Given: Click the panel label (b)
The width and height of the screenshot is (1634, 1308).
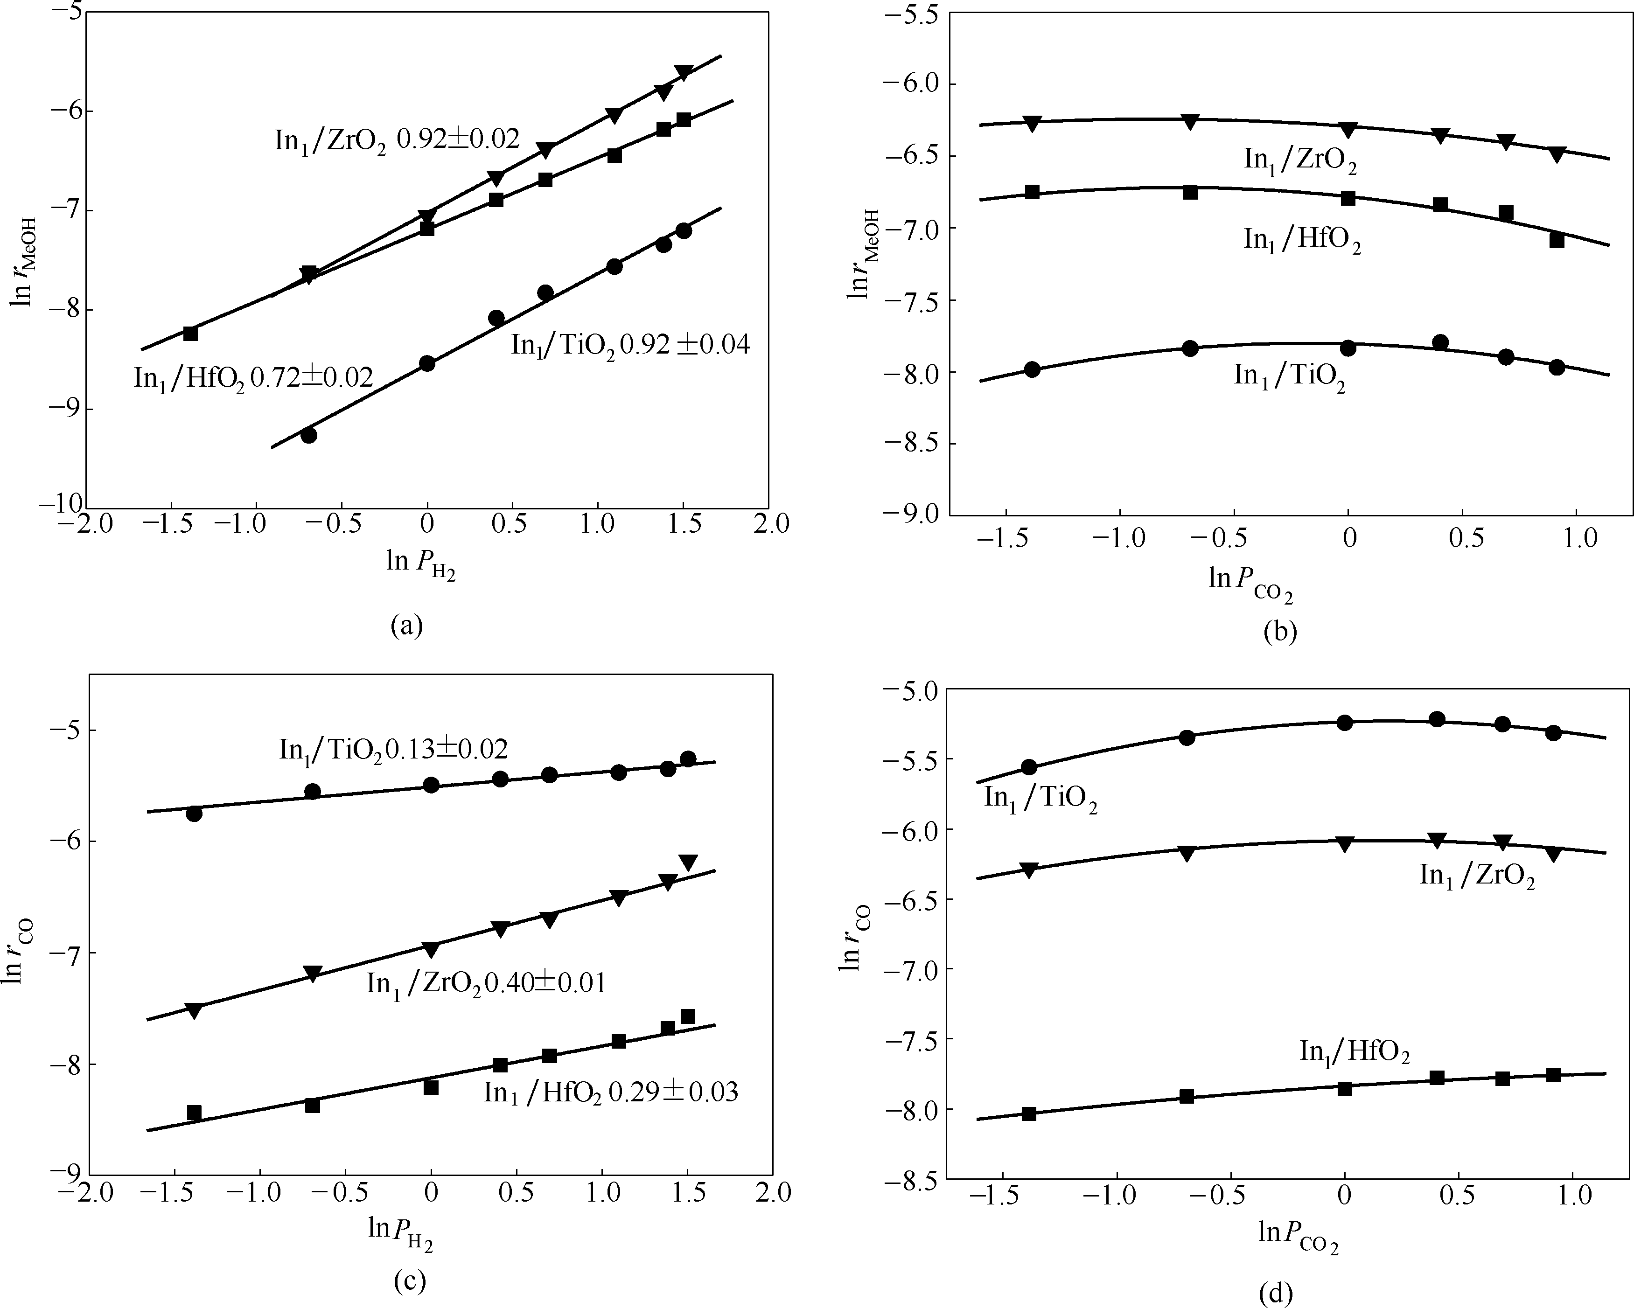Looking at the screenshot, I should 1280,631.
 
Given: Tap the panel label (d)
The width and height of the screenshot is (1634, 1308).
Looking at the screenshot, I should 1276,1293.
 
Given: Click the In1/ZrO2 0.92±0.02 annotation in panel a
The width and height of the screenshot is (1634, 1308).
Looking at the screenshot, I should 397,139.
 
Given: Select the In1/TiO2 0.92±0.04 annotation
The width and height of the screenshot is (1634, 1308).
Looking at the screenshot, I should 630,346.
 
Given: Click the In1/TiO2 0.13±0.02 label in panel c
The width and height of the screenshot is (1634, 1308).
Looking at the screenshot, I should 393,750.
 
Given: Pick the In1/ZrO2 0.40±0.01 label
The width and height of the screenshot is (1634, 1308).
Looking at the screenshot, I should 486,984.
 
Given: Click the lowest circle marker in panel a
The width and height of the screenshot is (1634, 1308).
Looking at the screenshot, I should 308,435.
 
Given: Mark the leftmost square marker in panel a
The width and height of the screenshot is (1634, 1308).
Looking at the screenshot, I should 190,334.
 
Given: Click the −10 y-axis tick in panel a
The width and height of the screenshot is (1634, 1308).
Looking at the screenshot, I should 63,503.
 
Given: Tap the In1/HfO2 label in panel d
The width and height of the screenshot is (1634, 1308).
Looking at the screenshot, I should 1355,1052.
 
